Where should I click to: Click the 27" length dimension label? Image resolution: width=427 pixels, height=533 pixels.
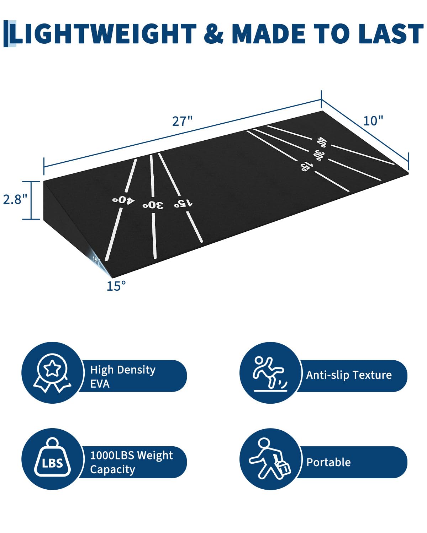[x=182, y=121]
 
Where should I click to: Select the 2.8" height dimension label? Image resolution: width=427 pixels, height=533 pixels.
[x=15, y=199]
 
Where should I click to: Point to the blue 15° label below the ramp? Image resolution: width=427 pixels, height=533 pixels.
[x=116, y=286]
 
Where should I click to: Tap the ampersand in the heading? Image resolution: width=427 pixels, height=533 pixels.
[x=213, y=34]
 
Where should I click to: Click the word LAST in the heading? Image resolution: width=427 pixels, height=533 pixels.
[x=391, y=34]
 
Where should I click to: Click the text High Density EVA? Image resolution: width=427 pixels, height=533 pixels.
[x=122, y=376]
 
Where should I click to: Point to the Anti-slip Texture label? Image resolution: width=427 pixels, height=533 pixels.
[x=349, y=375]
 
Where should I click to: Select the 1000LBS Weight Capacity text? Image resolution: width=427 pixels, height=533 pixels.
[x=131, y=462]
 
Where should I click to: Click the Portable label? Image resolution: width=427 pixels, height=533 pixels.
[x=328, y=462]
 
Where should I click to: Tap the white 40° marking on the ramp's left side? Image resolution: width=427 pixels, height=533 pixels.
[x=123, y=200]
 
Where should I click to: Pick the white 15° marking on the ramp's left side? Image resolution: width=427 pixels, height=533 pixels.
[x=183, y=203]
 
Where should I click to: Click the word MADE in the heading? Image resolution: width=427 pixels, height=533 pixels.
[x=269, y=34]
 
